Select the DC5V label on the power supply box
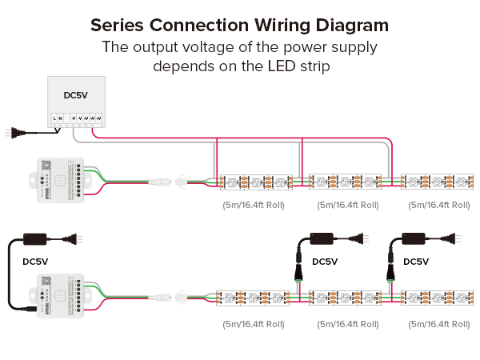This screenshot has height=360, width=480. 76,96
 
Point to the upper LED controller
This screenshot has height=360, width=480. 57,182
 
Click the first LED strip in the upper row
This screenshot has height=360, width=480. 257,182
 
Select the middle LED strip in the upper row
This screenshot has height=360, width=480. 347,182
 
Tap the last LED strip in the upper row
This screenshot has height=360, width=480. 438,182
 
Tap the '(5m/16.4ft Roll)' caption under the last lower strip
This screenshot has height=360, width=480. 438,325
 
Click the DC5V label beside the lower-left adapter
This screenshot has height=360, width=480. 35,261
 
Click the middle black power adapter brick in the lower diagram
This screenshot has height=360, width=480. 326,238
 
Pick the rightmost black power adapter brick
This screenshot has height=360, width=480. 417,238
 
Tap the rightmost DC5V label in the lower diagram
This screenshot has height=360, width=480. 415,262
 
